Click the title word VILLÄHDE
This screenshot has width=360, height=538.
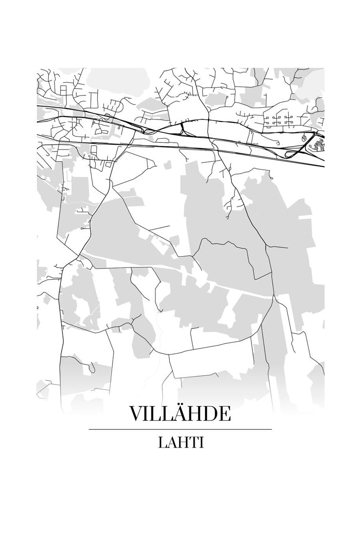pos(180,414)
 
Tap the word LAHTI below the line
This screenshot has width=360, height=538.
pos(180,442)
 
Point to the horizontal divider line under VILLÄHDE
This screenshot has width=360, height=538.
pos(180,429)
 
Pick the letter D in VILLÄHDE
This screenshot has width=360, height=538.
pos(210,414)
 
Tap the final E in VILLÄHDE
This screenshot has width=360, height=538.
pos(224,414)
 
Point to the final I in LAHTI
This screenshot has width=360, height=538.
pos(201,442)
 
